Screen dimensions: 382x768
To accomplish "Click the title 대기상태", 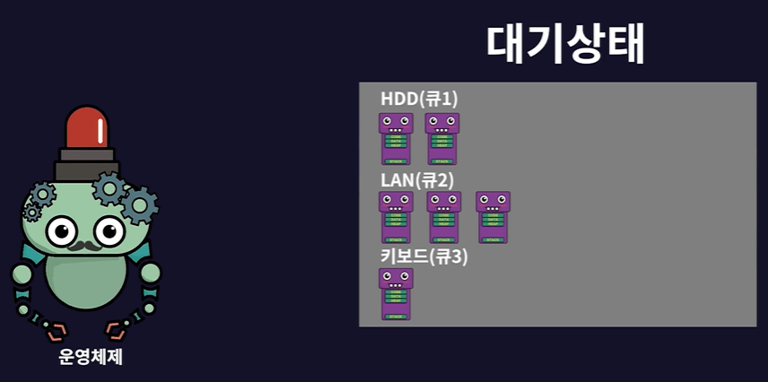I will click(x=565, y=42).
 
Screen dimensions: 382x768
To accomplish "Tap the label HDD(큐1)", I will click(x=419, y=99).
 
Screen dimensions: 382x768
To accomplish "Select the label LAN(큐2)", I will click(x=417, y=179).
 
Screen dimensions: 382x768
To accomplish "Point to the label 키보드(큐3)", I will click(x=423, y=256).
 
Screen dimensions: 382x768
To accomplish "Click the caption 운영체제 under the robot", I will click(x=90, y=357).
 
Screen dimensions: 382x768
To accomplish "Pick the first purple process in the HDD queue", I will click(x=395, y=138).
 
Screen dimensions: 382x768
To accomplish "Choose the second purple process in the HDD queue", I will click(x=441, y=138).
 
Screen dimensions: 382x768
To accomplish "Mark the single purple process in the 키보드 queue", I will click(x=396, y=293).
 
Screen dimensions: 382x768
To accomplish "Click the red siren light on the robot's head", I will click(x=86, y=128).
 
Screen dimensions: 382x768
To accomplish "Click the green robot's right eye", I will click(x=109, y=231).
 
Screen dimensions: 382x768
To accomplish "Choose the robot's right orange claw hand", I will click(x=119, y=328).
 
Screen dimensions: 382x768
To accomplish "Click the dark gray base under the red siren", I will click(x=86, y=166).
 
